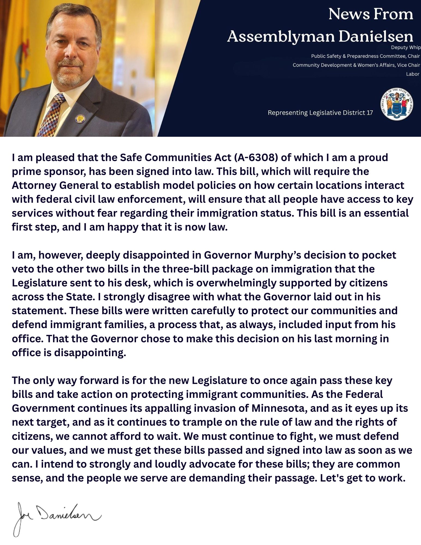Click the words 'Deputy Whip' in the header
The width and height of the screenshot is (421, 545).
tap(406, 47)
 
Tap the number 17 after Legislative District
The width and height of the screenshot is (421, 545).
tap(369, 113)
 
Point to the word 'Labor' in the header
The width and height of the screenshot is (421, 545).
tap(413, 74)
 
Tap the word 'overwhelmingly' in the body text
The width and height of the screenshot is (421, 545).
tap(236, 283)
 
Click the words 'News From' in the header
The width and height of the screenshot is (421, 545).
tap(371, 14)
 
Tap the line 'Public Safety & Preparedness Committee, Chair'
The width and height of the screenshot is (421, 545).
tap(365, 56)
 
